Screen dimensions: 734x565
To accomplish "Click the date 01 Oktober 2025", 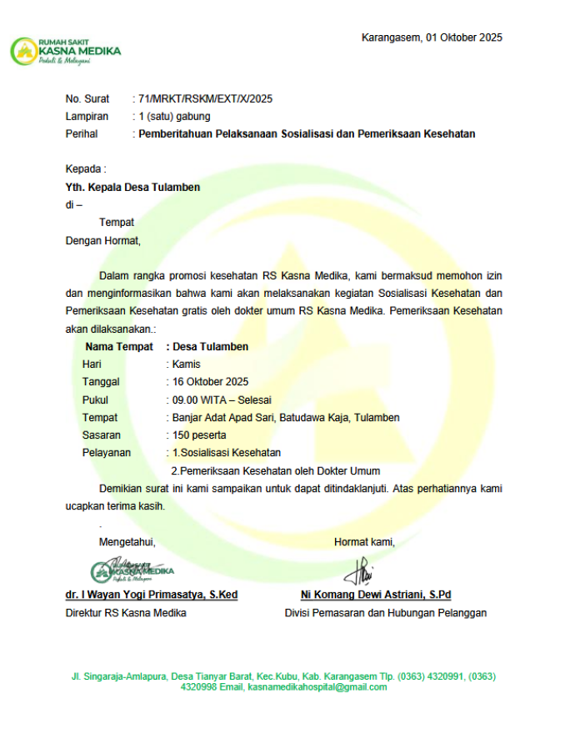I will pos(463,38).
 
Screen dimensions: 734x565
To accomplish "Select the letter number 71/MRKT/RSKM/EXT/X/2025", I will pos(205,99).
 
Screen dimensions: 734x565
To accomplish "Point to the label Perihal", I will pos(82,134).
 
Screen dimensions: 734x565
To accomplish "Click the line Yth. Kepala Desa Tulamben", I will pos(132,188).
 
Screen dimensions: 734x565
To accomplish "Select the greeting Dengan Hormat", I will pos(103,241).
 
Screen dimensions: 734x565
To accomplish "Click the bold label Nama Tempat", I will pos(119,346).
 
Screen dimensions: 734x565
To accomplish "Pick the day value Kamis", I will pos(186,364).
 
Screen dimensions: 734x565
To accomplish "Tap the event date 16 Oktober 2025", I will pos(209,382).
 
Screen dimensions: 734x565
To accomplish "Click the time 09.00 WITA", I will pos(201,400).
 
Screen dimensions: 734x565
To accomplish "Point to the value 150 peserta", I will pos(199,435).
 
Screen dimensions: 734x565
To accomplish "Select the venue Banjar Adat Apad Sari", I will pos(223,417).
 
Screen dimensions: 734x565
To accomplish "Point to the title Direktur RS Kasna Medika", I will pos(126,613).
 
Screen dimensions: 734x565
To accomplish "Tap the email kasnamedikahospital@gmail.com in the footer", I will pos(317,687).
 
